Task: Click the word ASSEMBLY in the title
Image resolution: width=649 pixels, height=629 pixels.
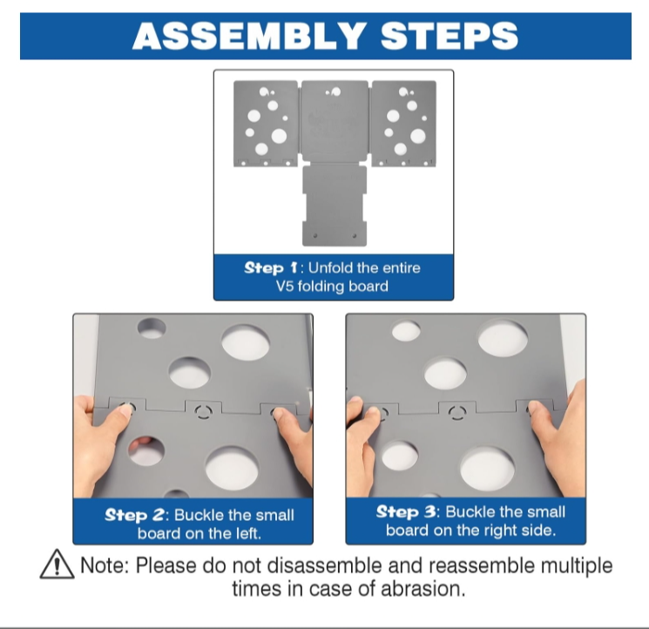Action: (249, 36)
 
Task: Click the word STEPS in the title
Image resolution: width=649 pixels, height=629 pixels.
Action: (450, 36)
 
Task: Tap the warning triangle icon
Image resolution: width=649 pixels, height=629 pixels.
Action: (57, 564)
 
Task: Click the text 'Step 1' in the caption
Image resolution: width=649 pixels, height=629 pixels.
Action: (271, 267)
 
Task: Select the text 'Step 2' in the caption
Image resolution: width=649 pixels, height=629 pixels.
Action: (134, 515)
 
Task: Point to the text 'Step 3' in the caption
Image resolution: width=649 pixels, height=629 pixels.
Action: (406, 512)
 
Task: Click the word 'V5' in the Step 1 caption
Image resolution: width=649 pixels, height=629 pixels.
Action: (285, 287)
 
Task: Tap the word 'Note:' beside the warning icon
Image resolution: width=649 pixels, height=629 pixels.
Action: (105, 565)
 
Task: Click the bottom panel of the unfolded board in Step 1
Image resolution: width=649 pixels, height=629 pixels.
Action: (335, 206)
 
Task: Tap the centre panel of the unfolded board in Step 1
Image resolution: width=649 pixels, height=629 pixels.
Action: (335, 120)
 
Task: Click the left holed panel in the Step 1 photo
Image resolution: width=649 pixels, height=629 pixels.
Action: (266, 124)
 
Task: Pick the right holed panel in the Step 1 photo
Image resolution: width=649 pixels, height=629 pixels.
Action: (404, 124)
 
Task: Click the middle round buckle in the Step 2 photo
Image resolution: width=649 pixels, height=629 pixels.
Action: (203, 412)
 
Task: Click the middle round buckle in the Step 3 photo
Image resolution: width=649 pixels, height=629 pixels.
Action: (457, 413)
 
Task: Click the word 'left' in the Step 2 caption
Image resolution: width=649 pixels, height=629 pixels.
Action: (248, 533)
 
